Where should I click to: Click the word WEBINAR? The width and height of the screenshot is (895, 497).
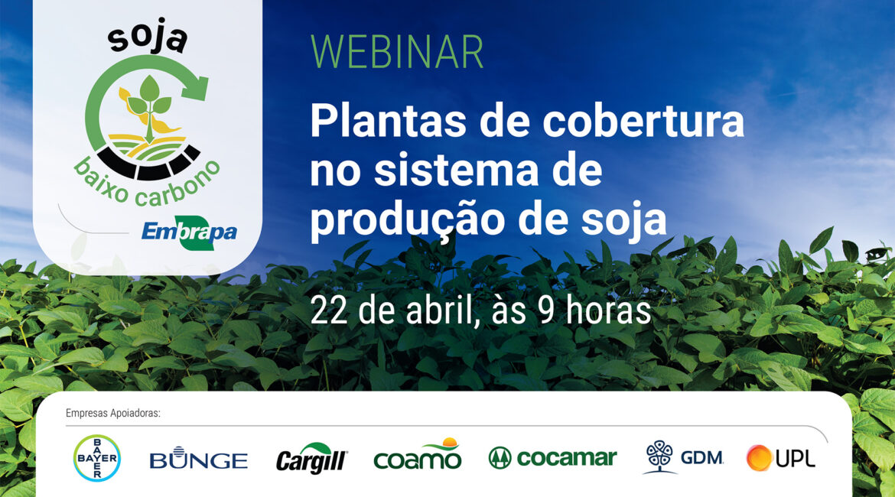tap(397, 52)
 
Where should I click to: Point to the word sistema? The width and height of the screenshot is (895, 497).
tap(456, 171)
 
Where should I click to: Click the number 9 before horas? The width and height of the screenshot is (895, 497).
tap(547, 312)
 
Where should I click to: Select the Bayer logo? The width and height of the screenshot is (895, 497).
tap(97, 458)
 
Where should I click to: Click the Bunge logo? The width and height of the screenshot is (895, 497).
tap(199, 458)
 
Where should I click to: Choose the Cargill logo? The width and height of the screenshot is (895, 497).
tap(311, 458)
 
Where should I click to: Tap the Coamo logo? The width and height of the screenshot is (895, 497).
tap(417, 454)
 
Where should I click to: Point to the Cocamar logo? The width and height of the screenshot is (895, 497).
tap(552, 458)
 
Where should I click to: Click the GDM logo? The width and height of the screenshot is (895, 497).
tap(683, 457)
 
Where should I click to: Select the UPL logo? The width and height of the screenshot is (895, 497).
tap(781, 458)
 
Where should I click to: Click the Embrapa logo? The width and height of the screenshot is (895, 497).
tap(189, 232)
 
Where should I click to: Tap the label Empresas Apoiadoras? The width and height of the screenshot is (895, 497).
tap(113, 413)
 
